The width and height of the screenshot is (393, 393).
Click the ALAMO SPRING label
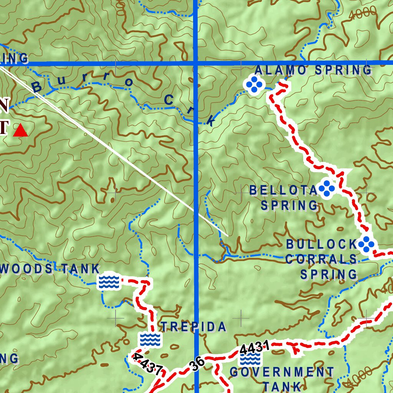coord(313,70)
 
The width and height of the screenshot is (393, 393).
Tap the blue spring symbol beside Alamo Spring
coord(254,85)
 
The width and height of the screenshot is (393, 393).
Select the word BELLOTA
coord(284,190)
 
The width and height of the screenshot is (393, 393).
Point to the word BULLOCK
coord(322,244)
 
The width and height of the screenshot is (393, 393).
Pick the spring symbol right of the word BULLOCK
coord(366,244)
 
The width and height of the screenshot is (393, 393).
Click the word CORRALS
coord(321,259)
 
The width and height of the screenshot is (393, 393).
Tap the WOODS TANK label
coord(50,269)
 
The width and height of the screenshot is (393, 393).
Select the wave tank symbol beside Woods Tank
coord(109,282)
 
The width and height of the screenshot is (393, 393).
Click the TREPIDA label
coord(193,327)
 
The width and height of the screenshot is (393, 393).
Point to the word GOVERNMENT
coord(282,372)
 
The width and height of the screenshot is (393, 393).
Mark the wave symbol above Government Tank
coord(250,359)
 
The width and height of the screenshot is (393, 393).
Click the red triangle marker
coord(20,131)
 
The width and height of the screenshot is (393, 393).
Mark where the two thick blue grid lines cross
coord(196,63)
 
